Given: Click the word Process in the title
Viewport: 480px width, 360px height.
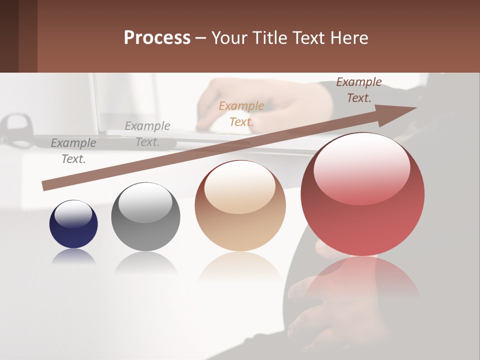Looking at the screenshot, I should click(x=157, y=38).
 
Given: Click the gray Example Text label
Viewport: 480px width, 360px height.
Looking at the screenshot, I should click(x=73, y=150).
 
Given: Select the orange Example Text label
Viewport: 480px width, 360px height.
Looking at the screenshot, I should click(x=241, y=113).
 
